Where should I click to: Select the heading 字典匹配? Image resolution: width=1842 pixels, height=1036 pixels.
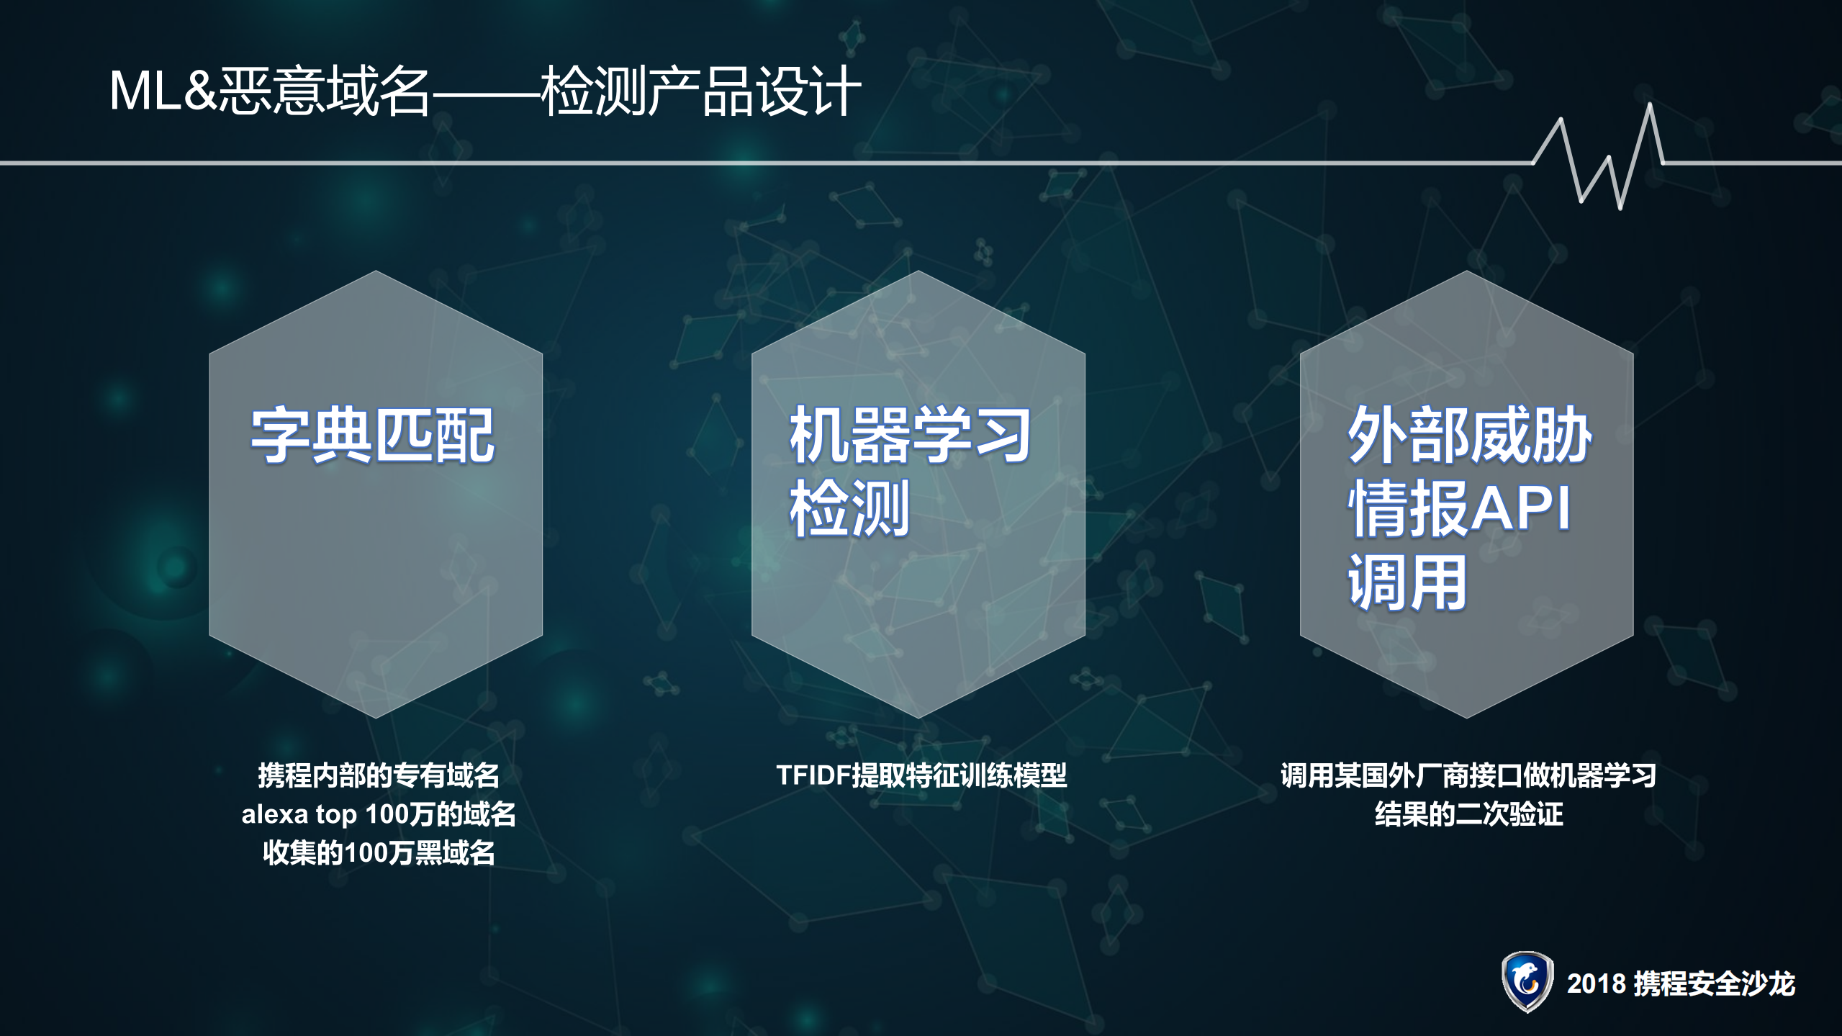[x=373, y=436]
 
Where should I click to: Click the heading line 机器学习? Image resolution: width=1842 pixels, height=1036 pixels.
[x=910, y=436]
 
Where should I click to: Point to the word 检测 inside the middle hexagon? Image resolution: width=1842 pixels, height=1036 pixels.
[x=849, y=510]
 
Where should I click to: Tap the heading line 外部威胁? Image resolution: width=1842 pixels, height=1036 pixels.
[x=1468, y=436]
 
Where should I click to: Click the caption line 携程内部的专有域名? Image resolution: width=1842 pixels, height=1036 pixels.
[x=379, y=775]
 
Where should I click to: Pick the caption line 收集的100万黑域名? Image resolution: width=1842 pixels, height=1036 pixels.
[x=379, y=853]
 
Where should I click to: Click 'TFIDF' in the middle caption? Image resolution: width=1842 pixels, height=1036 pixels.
[x=813, y=775]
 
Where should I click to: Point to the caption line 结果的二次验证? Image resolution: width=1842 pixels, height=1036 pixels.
[x=1468, y=814]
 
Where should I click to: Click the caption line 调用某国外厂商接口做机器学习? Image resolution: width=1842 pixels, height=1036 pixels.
[x=1468, y=775]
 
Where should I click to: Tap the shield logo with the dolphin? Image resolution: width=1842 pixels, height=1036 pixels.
[x=1527, y=981]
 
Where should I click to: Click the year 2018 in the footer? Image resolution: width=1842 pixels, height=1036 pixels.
[x=1596, y=983]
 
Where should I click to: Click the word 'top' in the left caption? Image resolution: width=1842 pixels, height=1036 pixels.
[x=336, y=815]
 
